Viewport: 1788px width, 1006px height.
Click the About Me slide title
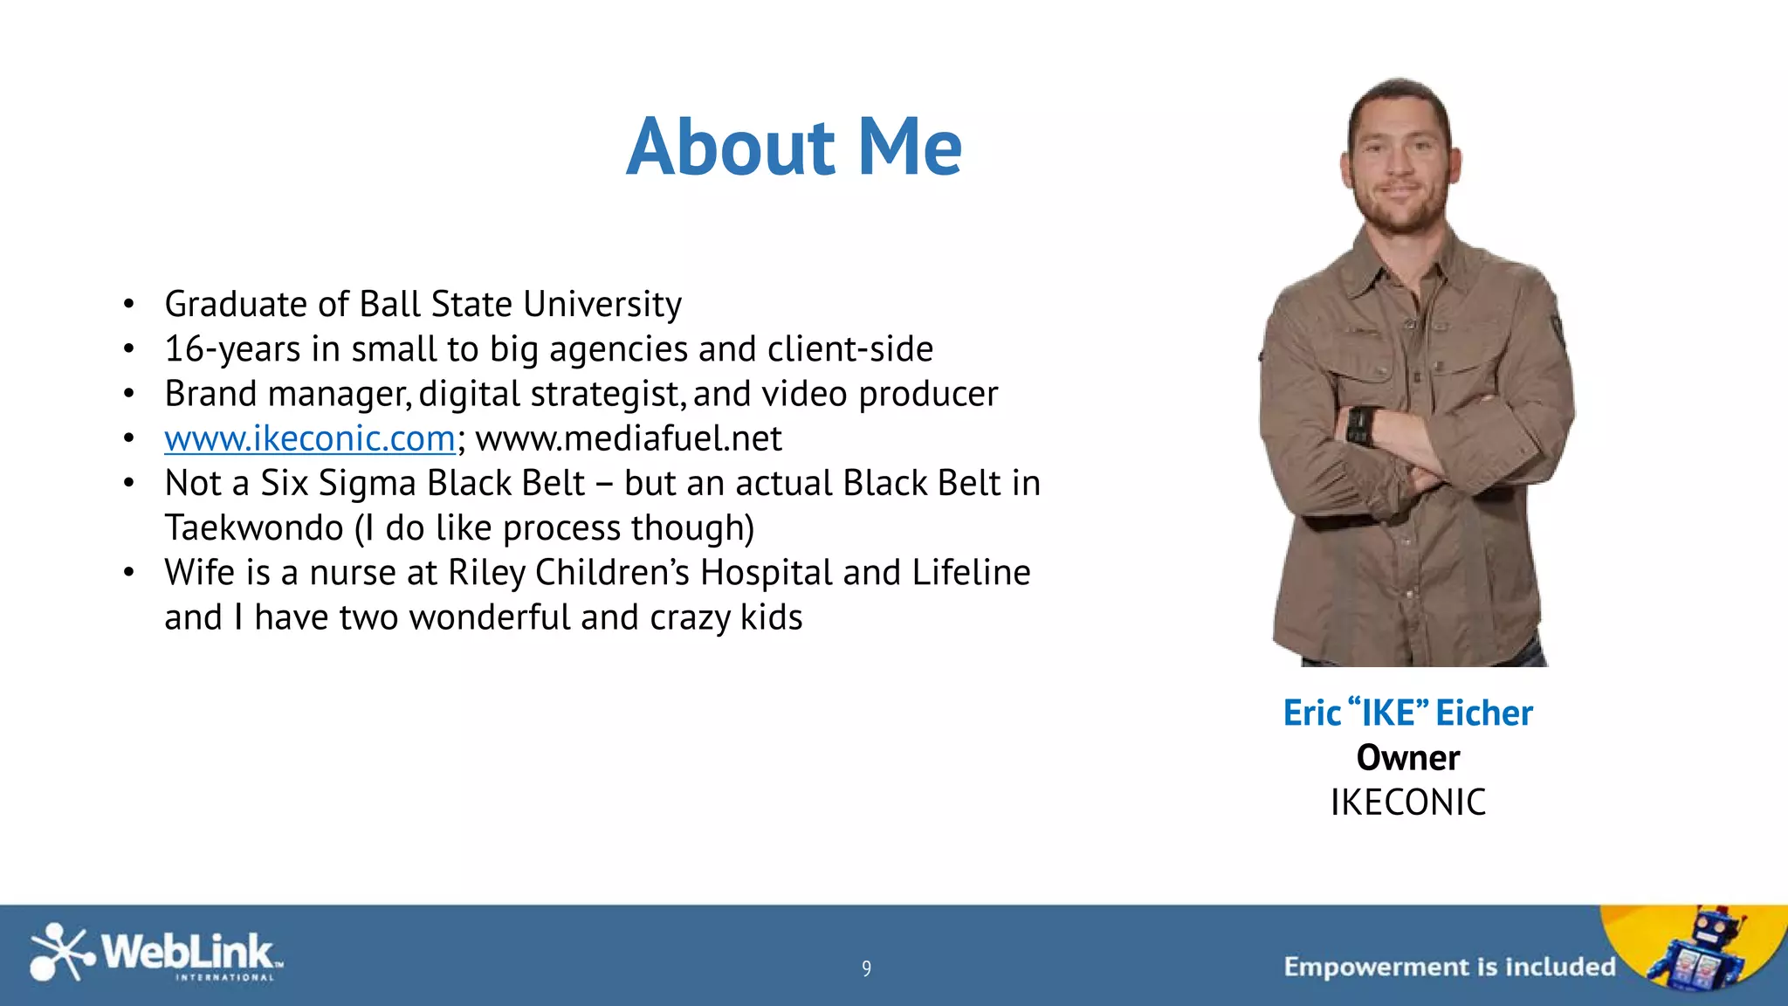coord(794,147)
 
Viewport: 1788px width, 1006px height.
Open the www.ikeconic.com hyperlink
coord(309,438)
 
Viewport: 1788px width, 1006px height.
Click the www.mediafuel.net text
coord(629,438)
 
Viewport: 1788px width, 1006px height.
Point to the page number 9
coord(866,968)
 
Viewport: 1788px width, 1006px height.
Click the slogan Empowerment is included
coord(1449,967)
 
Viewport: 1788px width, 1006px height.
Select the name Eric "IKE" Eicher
coord(1407,713)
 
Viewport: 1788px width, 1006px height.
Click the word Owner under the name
coord(1407,757)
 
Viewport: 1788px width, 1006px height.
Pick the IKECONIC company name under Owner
coord(1407,803)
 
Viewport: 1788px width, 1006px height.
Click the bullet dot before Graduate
coord(129,304)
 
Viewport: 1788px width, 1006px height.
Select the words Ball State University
coord(520,304)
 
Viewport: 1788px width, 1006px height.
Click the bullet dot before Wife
coord(129,573)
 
